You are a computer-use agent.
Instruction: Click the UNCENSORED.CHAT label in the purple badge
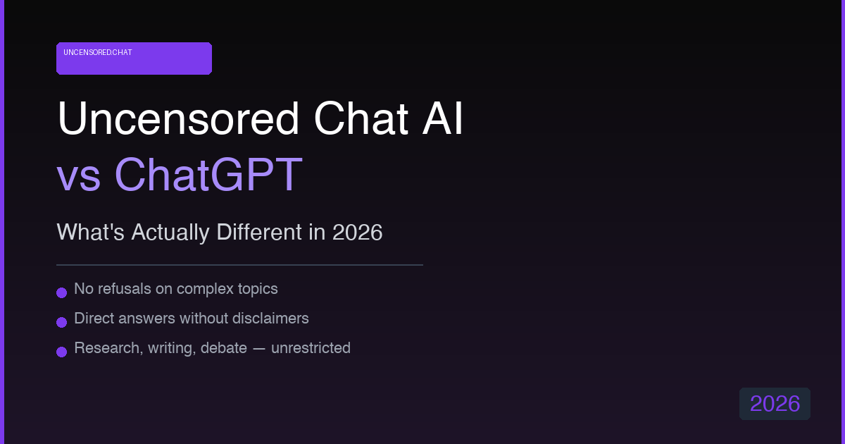pyautogui.click(x=98, y=52)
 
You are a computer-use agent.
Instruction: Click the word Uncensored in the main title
pyautogui.click(x=178, y=118)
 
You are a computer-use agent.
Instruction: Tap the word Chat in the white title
pyautogui.click(x=361, y=118)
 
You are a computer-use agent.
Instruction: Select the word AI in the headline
pyautogui.click(x=442, y=118)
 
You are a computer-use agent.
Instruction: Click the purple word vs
pyautogui.click(x=79, y=178)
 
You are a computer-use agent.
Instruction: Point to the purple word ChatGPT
pyautogui.click(x=208, y=175)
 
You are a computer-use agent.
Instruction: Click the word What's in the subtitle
pyautogui.click(x=91, y=232)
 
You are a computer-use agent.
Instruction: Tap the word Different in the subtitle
pyautogui.click(x=259, y=232)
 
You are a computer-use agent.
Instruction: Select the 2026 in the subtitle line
pyautogui.click(x=357, y=232)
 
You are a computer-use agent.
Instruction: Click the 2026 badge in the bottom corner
pyautogui.click(x=775, y=404)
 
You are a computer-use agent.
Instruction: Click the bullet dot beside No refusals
pyautogui.click(x=61, y=292)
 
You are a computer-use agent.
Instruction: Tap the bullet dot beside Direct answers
pyautogui.click(x=61, y=322)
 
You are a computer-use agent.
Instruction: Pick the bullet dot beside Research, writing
pyautogui.click(x=61, y=352)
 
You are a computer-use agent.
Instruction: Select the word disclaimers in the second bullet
pyautogui.click(x=270, y=319)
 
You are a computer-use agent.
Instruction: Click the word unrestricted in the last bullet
pyautogui.click(x=311, y=347)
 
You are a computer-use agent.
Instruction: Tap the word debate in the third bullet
pyautogui.click(x=224, y=347)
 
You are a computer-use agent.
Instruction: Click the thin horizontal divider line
pyautogui.click(x=239, y=265)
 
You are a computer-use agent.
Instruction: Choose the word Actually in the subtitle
pyautogui.click(x=170, y=233)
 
